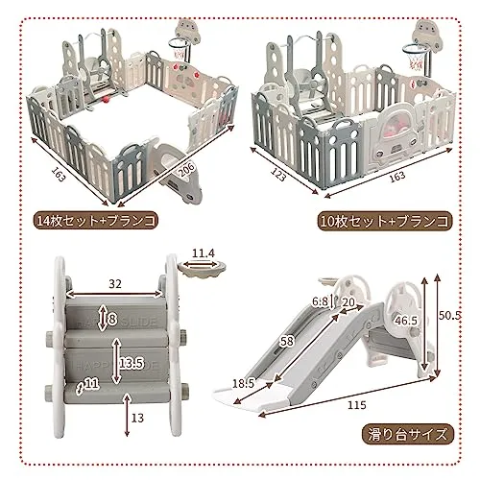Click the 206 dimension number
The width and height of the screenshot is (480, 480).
click(x=185, y=170)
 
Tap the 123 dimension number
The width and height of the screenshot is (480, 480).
click(x=277, y=175)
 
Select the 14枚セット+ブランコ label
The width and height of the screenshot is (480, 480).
click(x=96, y=221)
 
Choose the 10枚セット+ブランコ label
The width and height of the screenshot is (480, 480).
click(x=384, y=222)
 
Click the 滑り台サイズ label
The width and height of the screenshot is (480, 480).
click(x=407, y=435)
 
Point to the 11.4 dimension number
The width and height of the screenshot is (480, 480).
click(x=204, y=253)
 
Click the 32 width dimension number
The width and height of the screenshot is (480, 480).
click(x=115, y=283)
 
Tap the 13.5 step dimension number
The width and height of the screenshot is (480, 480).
click(x=131, y=363)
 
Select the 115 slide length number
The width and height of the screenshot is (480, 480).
click(x=356, y=405)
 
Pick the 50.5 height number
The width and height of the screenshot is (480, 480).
click(x=450, y=316)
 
